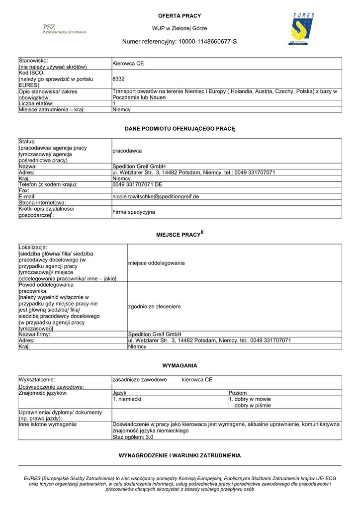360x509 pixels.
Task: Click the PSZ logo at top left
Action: coord(64,29)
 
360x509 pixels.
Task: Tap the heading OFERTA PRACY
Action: coord(180,16)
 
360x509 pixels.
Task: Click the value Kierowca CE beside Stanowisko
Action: coord(128,64)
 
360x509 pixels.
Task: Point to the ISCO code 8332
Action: coord(118,79)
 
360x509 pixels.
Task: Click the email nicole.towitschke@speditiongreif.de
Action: coord(156,196)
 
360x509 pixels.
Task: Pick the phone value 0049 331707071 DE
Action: coord(138,184)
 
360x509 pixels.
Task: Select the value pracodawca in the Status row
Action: coord(127,150)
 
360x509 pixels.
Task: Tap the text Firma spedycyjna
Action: coord(134,212)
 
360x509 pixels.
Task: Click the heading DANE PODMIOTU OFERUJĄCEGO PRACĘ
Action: coord(180,129)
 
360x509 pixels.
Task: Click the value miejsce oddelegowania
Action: coord(156,262)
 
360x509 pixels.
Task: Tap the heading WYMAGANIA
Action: coord(180,365)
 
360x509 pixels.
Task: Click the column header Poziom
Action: coord(238,393)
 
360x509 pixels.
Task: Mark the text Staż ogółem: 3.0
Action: coord(133,437)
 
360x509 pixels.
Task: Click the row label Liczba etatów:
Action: coord(39,103)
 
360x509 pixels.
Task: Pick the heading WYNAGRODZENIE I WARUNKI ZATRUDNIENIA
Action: coord(180,455)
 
